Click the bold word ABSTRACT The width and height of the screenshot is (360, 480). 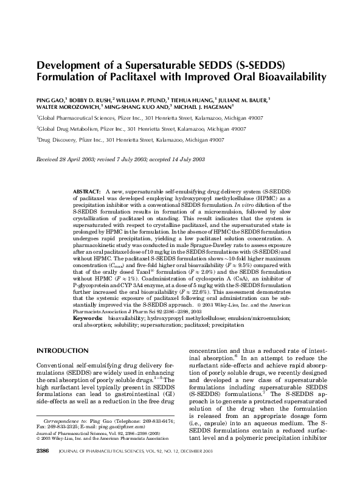pyautogui.click(x=86, y=191)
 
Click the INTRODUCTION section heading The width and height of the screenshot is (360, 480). pyautogui.click(x=63, y=350)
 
